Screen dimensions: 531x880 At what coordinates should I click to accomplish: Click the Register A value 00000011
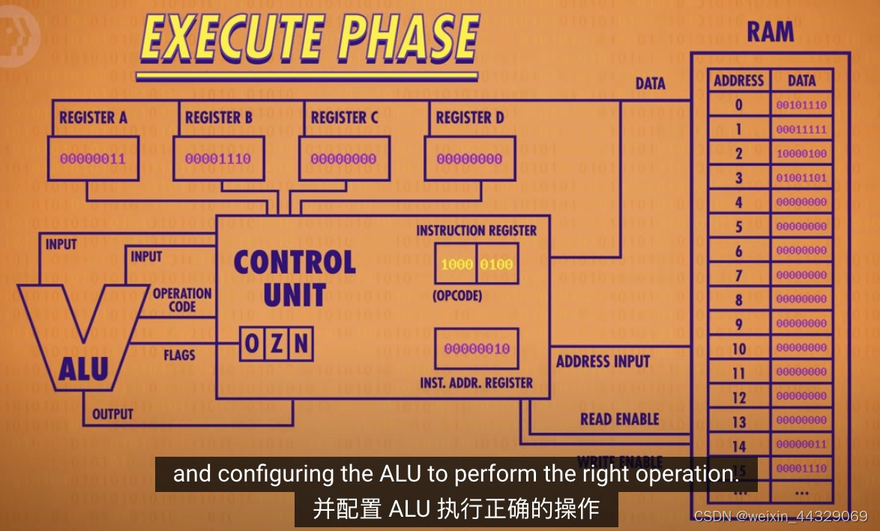coord(93,159)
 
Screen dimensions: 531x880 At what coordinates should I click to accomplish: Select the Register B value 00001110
coord(218,159)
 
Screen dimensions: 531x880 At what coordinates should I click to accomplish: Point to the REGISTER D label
coord(470,118)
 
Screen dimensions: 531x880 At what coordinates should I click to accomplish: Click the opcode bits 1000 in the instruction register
coord(456,265)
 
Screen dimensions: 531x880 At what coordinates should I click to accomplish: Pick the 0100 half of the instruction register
coord(496,265)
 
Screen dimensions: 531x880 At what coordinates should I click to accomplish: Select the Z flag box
coord(277,344)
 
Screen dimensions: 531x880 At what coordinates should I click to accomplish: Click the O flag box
coord(253,344)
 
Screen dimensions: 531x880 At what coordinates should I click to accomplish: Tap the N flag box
coord(301,344)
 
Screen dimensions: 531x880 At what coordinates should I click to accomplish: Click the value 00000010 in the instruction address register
coord(477,349)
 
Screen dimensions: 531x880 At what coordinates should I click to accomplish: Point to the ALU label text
coord(83,369)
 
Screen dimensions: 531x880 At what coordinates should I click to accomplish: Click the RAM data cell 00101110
coord(801,106)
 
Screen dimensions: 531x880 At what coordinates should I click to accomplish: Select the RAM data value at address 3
coord(801,178)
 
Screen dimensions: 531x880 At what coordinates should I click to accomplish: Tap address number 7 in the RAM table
coord(739,275)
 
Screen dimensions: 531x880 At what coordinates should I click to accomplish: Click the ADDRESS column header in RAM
coord(738,81)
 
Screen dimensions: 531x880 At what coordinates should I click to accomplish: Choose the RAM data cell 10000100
coord(801,154)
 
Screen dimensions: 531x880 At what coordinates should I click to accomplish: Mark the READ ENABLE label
coord(619,419)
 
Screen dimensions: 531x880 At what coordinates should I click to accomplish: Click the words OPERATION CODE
coord(182,300)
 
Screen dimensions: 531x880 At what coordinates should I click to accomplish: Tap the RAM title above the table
coord(770,32)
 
